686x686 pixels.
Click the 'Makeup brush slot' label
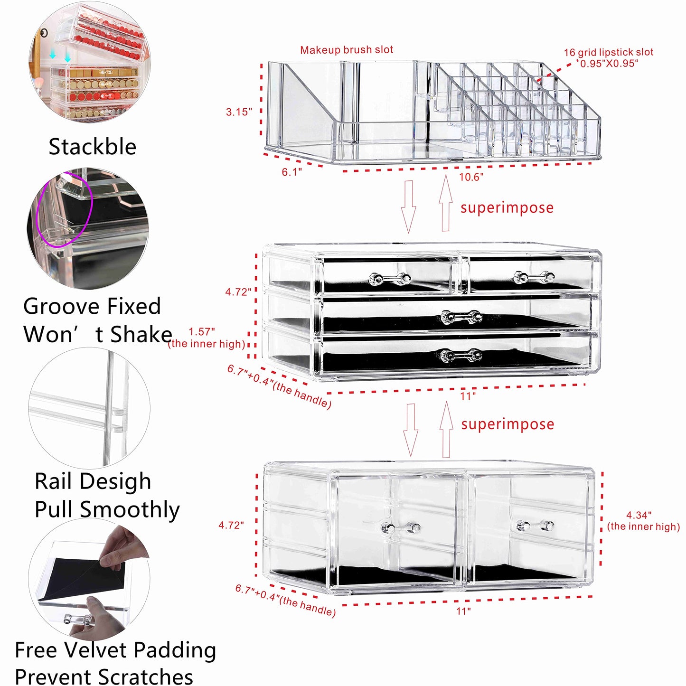[x=347, y=50]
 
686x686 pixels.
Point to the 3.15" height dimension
[x=238, y=112]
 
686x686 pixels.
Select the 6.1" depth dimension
[x=291, y=172]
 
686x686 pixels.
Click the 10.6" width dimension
[x=471, y=177]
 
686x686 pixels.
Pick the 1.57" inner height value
[x=202, y=332]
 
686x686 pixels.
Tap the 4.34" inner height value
[x=639, y=515]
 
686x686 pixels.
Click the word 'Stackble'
[x=93, y=147]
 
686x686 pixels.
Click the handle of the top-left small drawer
[x=390, y=279]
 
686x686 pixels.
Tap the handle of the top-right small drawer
[x=534, y=277]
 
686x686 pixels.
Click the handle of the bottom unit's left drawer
[x=401, y=527]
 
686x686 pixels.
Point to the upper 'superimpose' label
[x=507, y=208]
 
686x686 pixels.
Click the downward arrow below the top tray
[x=409, y=207]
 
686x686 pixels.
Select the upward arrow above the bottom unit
[x=446, y=430]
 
